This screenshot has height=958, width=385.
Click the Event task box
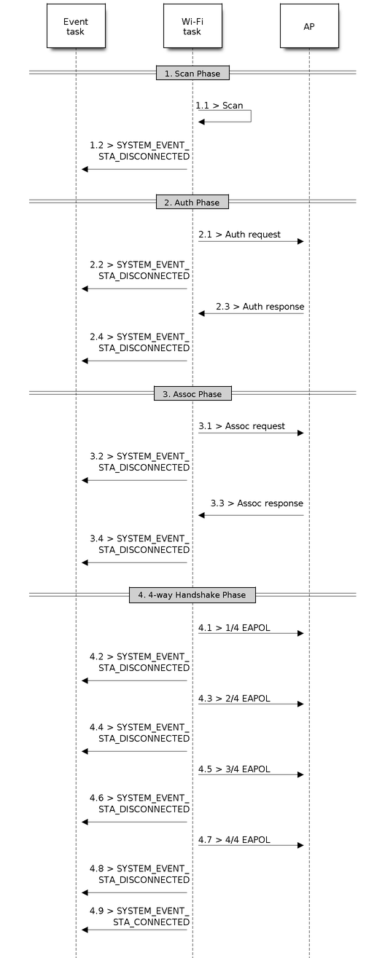pyautogui.click(x=76, y=26)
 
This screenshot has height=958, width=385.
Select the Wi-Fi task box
pyautogui.click(x=192, y=26)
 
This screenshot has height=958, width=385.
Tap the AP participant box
pyautogui.click(x=309, y=26)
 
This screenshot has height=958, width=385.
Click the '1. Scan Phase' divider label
pyautogui.click(x=192, y=73)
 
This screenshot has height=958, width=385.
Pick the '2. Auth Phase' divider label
pyautogui.click(x=192, y=203)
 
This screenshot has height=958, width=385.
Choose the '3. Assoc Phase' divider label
pyautogui.click(x=192, y=393)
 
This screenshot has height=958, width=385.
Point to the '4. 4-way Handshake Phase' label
pyautogui.click(x=192, y=594)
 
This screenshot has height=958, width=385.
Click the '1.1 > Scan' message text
pyautogui.click(x=219, y=105)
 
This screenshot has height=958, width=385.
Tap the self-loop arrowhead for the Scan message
pyautogui.click(x=201, y=122)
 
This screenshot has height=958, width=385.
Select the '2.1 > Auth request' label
pyautogui.click(x=239, y=235)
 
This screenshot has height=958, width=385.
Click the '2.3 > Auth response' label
pyautogui.click(x=260, y=307)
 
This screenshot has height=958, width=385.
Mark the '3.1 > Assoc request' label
pyautogui.click(x=241, y=426)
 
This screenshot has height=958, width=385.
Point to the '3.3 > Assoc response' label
pyautogui.click(x=257, y=503)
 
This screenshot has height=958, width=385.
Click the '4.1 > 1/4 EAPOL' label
pyautogui.click(x=234, y=627)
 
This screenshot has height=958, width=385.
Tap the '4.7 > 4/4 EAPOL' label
pyautogui.click(x=234, y=839)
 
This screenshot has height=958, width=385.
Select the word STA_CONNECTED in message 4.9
pyautogui.click(x=151, y=922)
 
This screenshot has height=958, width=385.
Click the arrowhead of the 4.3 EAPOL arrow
pyautogui.click(x=300, y=704)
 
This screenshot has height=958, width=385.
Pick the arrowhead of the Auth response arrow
pyautogui.click(x=201, y=313)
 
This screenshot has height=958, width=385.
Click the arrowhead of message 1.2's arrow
pyautogui.click(x=85, y=169)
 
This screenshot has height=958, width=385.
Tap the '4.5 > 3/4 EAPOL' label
pyautogui.click(x=234, y=769)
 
